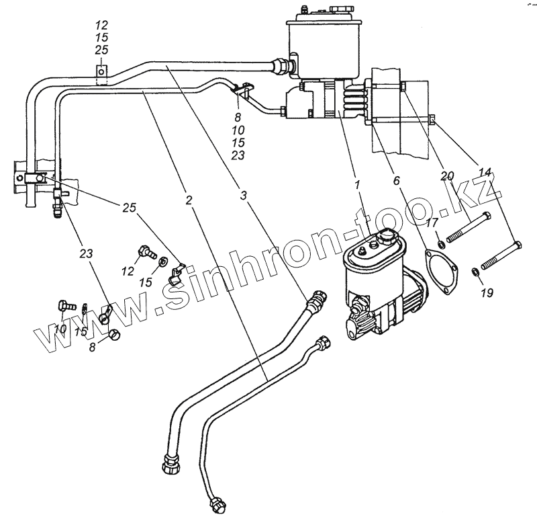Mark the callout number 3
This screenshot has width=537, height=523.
(242, 196)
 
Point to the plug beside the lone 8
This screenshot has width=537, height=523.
(114, 333)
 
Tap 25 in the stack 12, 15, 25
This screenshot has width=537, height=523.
(101, 50)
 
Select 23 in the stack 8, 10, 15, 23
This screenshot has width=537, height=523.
(238, 155)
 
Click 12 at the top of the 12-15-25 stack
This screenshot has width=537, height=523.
(101, 28)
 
